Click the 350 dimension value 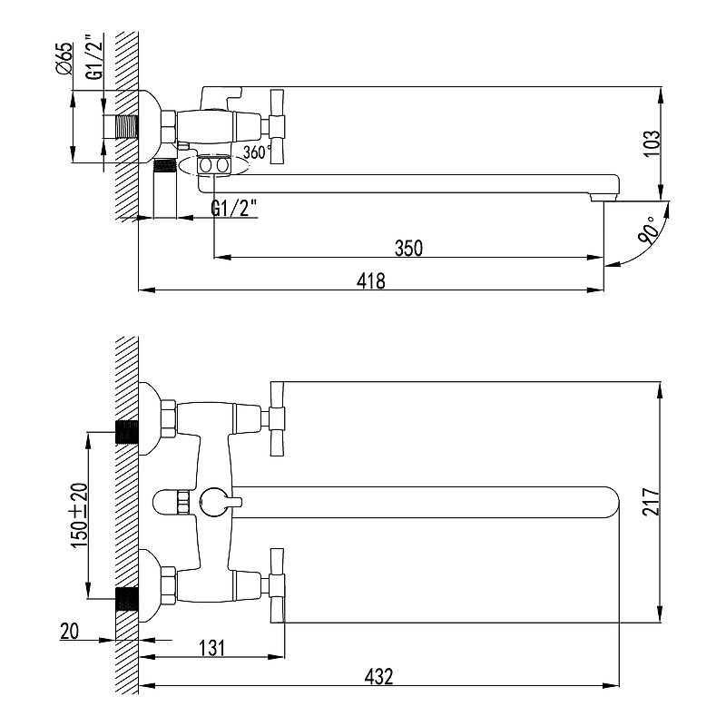click(x=408, y=248)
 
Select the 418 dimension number click(x=371, y=281)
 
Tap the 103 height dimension click(x=652, y=143)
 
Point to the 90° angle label click(x=648, y=231)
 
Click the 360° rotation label click(x=258, y=152)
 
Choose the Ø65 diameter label click(x=64, y=58)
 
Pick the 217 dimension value click(x=651, y=502)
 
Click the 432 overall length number click(x=378, y=676)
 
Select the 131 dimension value click(x=212, y=648)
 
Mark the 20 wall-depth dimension click(x=70, y=631)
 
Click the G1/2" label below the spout click(x=234, y=208)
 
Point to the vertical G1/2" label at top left click(x=95, y=56)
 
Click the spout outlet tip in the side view click(x=604, y=198)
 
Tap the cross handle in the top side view click(x=277, y=126)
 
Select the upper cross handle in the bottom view click(x=277, y=419)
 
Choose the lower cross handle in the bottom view click(x=277, y=585)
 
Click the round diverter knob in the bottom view click(x=212, y=502)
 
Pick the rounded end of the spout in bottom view click(x=611, y=502)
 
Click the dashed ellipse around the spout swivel click(x=213, y=166)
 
